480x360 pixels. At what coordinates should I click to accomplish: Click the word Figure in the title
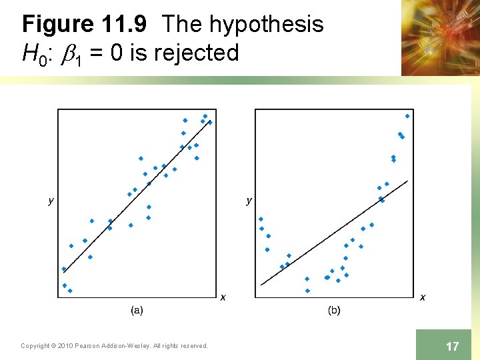tap(58, 25)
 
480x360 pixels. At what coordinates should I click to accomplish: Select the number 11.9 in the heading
tap(126, 25)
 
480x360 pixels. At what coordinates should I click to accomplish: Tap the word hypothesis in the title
tap(266, 25)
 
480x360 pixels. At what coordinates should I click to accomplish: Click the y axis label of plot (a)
tap(51, 200)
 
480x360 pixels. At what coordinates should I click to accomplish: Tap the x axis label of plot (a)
tap(223, 297)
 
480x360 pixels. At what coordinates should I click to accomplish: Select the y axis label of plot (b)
tap(249, 200)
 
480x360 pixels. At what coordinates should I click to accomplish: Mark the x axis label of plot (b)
tap(423, 297)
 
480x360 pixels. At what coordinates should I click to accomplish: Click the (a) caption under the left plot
tap(136, 309)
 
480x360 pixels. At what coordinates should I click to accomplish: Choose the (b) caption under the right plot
tap(334, 309)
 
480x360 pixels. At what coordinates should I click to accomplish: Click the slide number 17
tap(452, 346)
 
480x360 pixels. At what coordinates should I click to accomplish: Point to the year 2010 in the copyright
tap(66, 345)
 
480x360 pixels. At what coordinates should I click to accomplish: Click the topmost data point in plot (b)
tap(407, 115)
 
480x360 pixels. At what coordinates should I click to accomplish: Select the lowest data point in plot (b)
tap(307, 291)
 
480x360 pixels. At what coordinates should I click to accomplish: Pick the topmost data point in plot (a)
tap(205, 116)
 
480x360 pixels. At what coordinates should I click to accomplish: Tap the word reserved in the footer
tap(193, 345)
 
